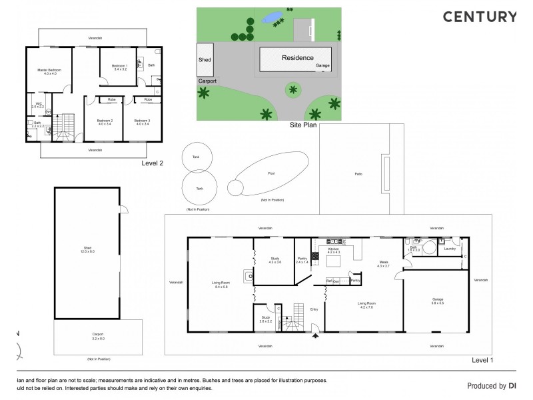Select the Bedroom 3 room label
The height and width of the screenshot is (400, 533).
[x=143, y=121]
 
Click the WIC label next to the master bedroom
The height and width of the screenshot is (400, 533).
[x=39, y=105]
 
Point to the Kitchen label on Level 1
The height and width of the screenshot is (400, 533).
[x=333, y=250]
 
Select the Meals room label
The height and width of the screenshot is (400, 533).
[x=384, y=263]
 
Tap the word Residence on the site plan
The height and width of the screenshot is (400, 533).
[x=297, y=58]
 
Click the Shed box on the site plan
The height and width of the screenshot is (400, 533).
[x=205, y=59]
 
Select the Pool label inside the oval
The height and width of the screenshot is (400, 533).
[x=270, y=173]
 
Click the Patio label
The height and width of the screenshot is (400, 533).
[x=358, y=175]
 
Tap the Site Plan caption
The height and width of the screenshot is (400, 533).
[x=302, y=125]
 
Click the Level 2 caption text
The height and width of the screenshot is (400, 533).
[x=153, y=162]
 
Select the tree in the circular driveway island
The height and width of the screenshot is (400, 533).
[x=291, y=89]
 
